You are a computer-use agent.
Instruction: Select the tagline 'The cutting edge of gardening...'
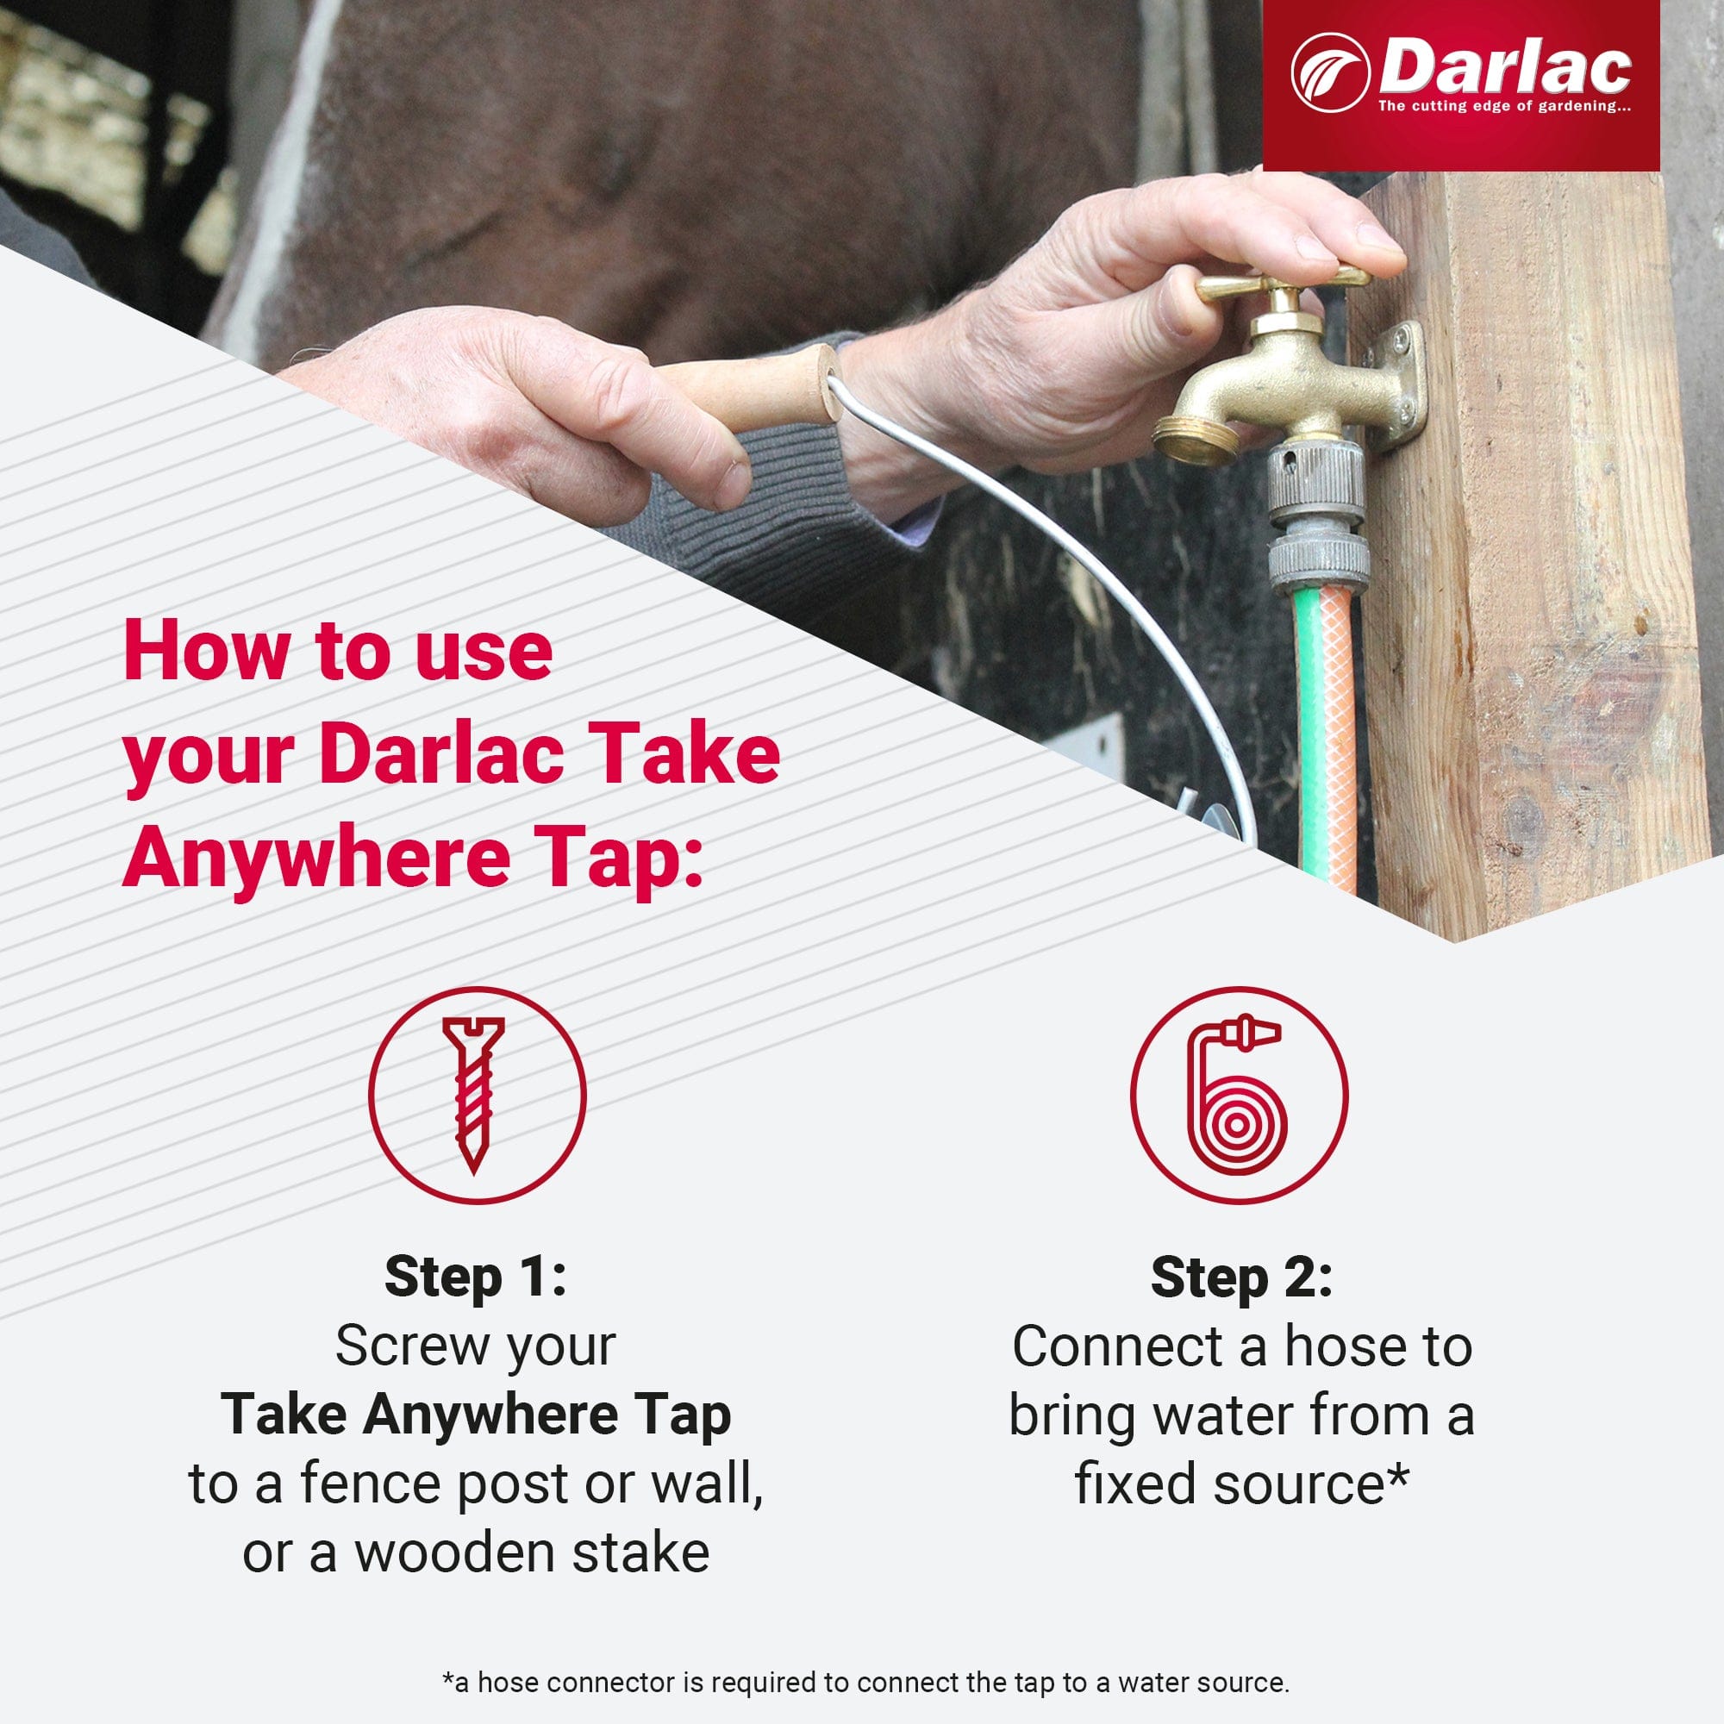pos(1504,107)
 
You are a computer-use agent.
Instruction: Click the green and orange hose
pos(1326,714)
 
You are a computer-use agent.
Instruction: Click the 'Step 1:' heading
pos(476,1277)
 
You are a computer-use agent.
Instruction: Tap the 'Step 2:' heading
pos(1241,1277)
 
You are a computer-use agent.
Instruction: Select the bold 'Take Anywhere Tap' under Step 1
pos(476,1415)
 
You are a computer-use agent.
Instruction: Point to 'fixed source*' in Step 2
pos(1241,1484)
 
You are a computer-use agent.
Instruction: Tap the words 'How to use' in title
pos(337,652)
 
